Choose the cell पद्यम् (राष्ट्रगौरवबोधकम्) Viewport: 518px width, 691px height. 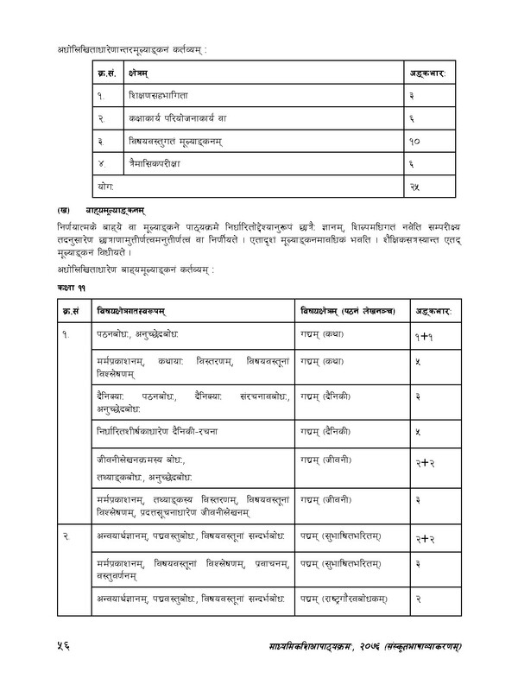click(345, 620)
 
